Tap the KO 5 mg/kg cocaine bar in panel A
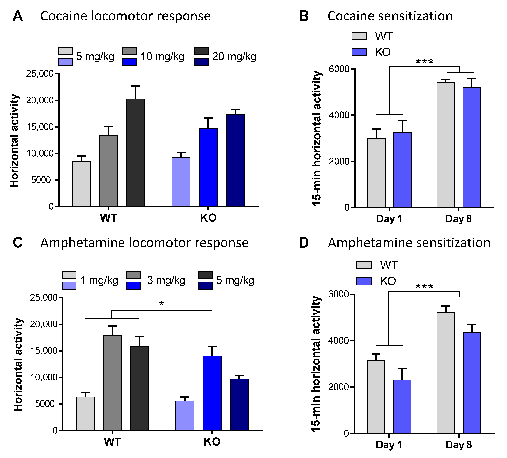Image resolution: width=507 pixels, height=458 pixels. (x=181, y=182)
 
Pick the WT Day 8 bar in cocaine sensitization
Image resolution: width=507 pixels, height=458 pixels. (x=446, y=145)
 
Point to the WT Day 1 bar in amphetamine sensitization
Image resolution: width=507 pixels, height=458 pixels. (x=376, y=397)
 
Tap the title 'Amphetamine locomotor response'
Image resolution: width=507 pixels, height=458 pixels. (x=144, y=243)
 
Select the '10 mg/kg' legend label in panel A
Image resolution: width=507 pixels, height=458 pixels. (x=162, y=57)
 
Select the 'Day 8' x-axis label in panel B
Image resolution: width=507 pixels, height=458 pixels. (x=458, y=219)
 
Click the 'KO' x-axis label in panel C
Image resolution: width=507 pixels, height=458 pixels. (x=212, y=442)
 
